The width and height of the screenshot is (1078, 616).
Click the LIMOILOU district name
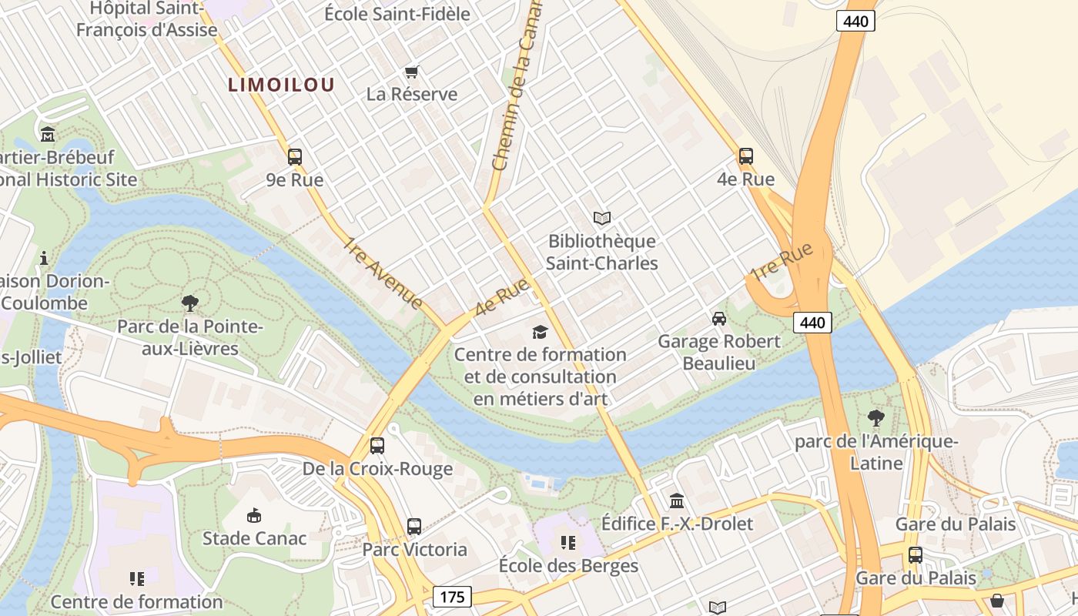point(281,85)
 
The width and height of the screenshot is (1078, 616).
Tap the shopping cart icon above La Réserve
point(411,72)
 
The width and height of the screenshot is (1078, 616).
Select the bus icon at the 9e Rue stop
point(295,157)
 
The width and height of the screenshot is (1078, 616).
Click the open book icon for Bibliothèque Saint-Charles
point(602,219)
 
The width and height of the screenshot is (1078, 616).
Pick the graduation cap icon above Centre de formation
point(541,332)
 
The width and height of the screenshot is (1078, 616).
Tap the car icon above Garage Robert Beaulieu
point(719,319)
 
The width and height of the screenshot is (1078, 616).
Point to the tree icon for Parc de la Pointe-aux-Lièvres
point(190,303)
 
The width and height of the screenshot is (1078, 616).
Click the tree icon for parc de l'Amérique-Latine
point(875,418)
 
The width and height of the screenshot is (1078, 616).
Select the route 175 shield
point(452,597)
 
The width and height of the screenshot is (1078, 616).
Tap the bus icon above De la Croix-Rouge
point(377,446)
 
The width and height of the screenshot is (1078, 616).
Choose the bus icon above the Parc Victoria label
point(414,527)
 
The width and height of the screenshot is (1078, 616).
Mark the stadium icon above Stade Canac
point(253,515)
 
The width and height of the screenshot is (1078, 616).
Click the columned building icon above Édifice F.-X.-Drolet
point(677,501)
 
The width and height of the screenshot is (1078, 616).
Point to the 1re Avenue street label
point(383,274)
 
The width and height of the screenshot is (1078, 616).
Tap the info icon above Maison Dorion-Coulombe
point(44,257)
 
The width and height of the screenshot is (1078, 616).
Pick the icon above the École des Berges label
point(568,543)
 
